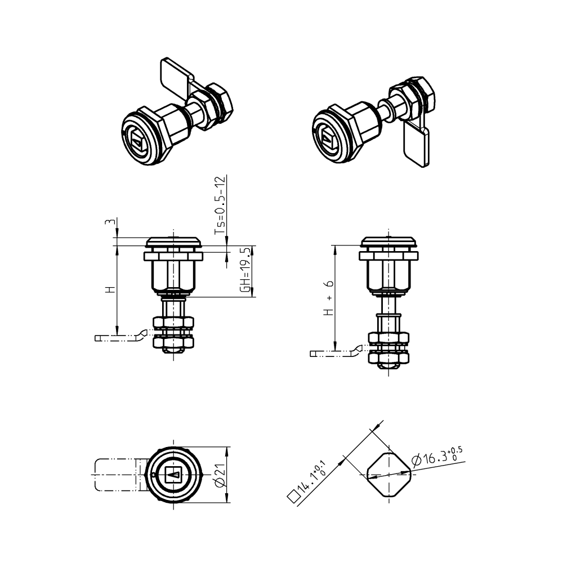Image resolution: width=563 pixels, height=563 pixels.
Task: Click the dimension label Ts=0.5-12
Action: [x=221, y=205]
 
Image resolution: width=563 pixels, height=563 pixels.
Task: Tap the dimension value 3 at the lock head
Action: [x=110, y=222]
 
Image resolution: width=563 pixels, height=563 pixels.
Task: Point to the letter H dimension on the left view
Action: [x=110, y=289]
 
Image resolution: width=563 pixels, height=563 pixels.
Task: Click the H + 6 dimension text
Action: [x=329, y=298]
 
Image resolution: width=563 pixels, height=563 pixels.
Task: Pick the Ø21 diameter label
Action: [x=220, y=475]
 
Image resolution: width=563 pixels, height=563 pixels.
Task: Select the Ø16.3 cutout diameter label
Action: [x=437, y=457]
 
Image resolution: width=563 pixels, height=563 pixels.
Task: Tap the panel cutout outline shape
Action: [x=389, y=475]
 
